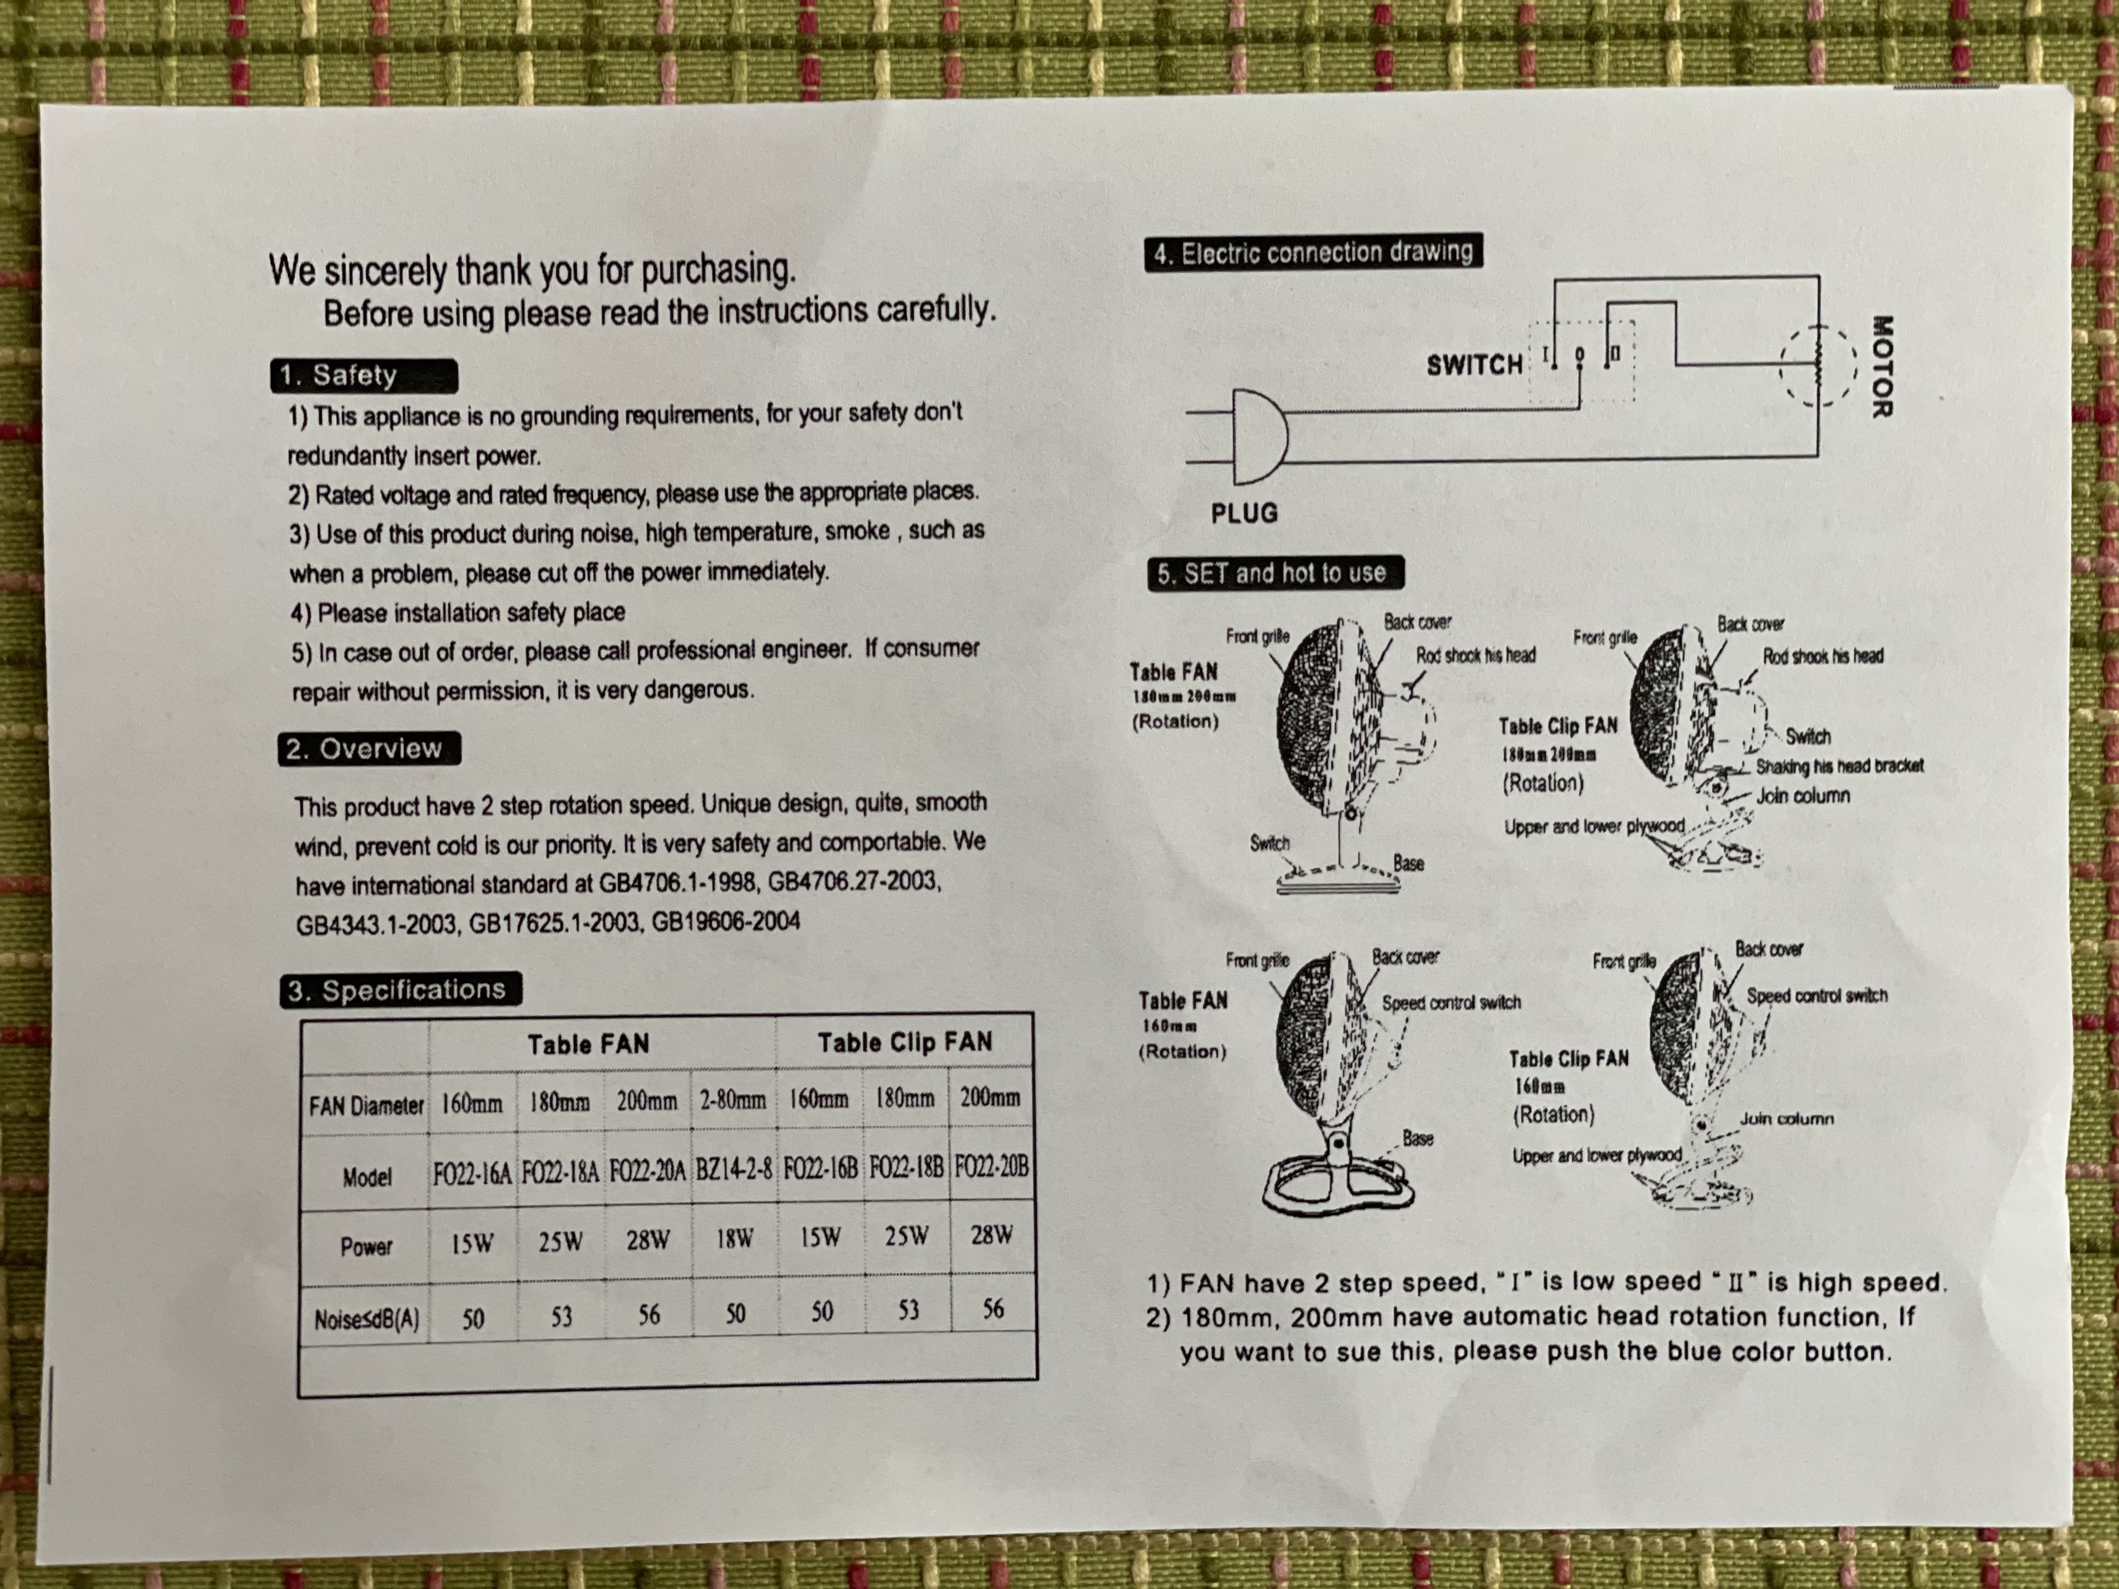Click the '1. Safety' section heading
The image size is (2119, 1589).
click(x=364, y=376)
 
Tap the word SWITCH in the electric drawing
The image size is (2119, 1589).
click(x=1474, y=365)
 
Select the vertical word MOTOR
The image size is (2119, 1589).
click(x=1880, y=367)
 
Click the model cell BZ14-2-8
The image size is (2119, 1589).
click(x=735, y=1170)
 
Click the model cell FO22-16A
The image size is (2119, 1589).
click(x=472, y=1173)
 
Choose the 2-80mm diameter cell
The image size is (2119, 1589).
click(x=733, y=1100)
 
